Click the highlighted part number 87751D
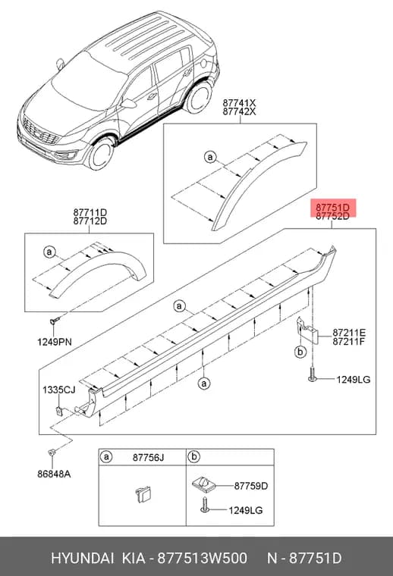coord(333,208)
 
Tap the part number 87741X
coord(239,103)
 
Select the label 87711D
coord(90,212)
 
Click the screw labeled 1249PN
coord(52,322)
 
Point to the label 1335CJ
coord(59,390)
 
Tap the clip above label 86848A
coord(51,452)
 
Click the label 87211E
coord(349,333)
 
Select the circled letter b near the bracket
coord(300,352)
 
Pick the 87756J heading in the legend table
coord(148,458)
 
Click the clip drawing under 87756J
coord(143,494)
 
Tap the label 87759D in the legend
coord(251,486)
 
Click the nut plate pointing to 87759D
coord(203,484)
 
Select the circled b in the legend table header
coord(193,457)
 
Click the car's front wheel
coord(101,153)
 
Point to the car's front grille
coord(40,132)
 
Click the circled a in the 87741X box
coord(210,157)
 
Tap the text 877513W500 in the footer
coord(203,559)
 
